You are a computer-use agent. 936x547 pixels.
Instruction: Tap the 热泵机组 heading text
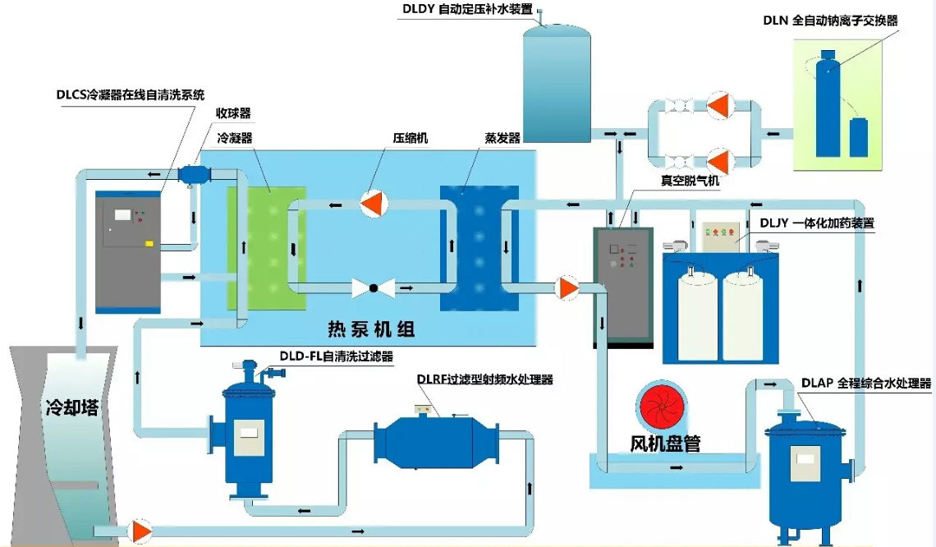click(371, 330)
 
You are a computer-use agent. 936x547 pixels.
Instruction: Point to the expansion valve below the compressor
click(373, 288)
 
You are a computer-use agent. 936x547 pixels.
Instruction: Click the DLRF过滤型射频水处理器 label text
click(484, 379)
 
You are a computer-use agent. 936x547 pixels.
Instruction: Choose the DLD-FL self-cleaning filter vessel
click(248, 431)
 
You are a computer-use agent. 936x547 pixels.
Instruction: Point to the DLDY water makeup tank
click(557, 82)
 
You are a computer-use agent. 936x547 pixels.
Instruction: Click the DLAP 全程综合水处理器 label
click(866, 383)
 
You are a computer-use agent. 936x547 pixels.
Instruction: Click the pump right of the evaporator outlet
click(567, 287)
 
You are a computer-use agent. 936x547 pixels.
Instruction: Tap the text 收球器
click(233, 113)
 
